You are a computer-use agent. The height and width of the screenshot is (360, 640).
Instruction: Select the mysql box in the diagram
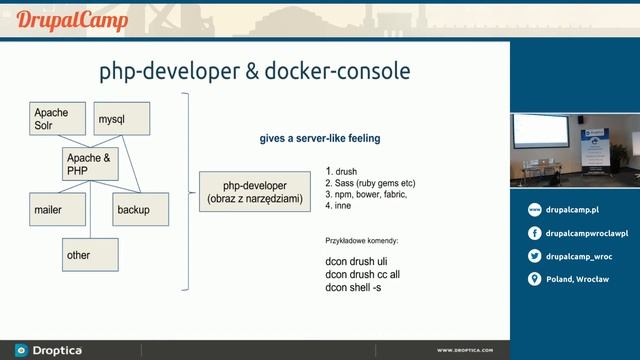[120, 120]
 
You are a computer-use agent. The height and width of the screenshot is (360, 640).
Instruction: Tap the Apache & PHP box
[91, 165]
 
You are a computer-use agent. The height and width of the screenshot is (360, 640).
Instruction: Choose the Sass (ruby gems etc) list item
[369, 184]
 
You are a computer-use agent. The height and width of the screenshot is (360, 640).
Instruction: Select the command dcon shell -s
[353, 288]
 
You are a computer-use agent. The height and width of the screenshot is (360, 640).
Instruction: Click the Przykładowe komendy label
[362, 241]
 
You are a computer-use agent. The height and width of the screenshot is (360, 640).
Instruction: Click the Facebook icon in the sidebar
[535, 233]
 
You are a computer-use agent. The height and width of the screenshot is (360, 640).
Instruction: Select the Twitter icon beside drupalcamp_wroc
[535, 256]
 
